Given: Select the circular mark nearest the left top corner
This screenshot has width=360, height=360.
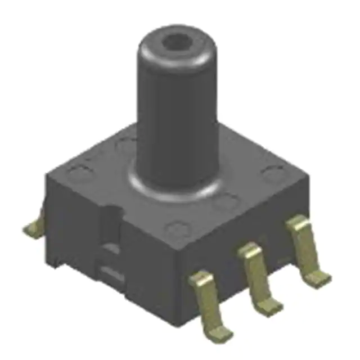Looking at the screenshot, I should [x=79, y=169].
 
